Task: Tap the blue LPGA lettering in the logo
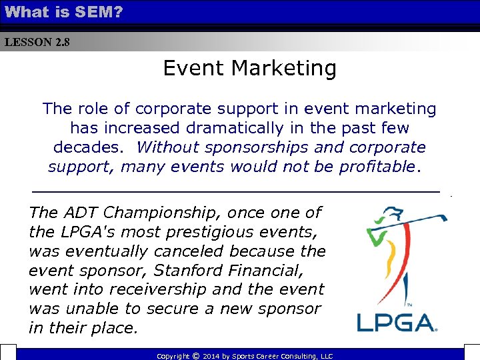point(397,323)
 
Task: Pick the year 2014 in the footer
point(212,356)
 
